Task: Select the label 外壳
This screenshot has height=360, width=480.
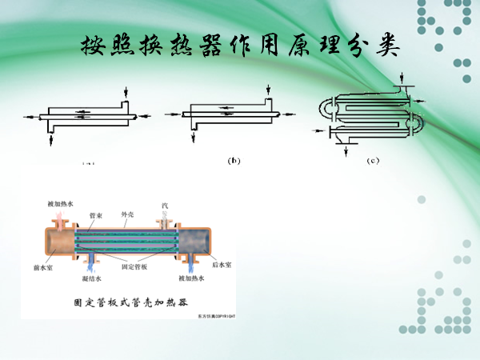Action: point(127,214)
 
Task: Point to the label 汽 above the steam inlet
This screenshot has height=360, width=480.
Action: point(164,206)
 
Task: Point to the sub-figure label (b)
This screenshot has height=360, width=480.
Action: point(234,161)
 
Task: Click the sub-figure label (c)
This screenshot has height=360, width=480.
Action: point(373,161)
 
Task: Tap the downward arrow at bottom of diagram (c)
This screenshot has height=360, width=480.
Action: point(345,150)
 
